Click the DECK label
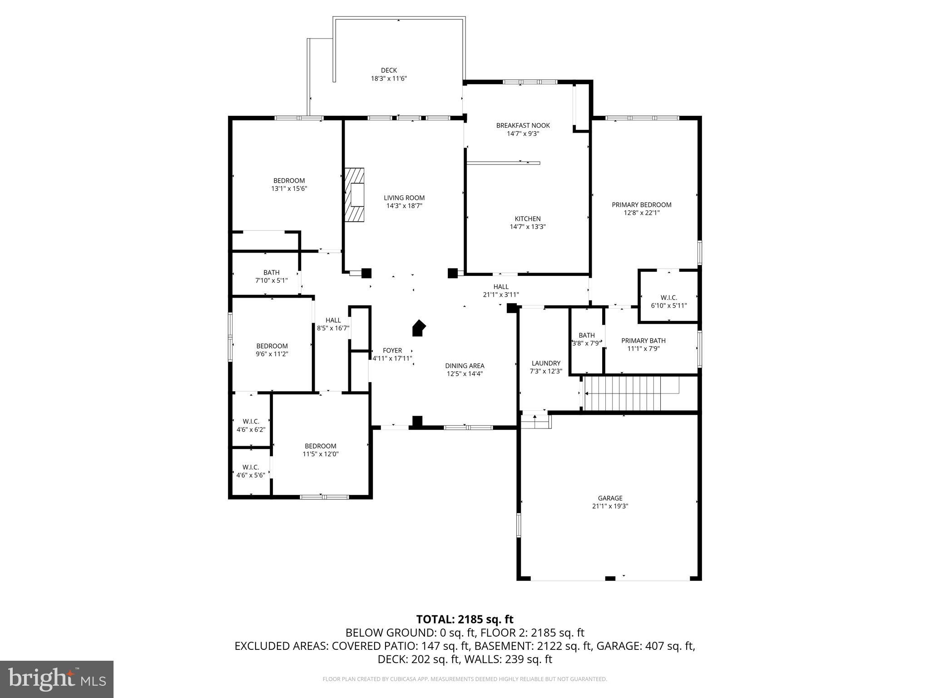tap(389, 70)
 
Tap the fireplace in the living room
tap(355, 195)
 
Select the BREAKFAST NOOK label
tap(523, 125)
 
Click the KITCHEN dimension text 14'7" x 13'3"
tap(527, 227)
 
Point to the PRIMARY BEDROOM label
tap(641, 205)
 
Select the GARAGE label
tap(610, 498)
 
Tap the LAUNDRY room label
tap(546, 363)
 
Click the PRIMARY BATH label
tap(643, 341)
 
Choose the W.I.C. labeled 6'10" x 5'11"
tap(668, 302)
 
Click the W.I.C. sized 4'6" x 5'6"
tap(251, 471)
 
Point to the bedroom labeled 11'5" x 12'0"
tap(321, 450)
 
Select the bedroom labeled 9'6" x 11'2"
tap(272, 350)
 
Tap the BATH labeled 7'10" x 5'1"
tap(271, 276)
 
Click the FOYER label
tap(392, 350)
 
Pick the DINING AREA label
tap(465, 366)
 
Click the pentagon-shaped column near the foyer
tap(419, 329)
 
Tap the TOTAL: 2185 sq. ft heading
tap(465, 619)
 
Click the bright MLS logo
tap(57, 679)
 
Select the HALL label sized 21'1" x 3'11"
tap(501, 287)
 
